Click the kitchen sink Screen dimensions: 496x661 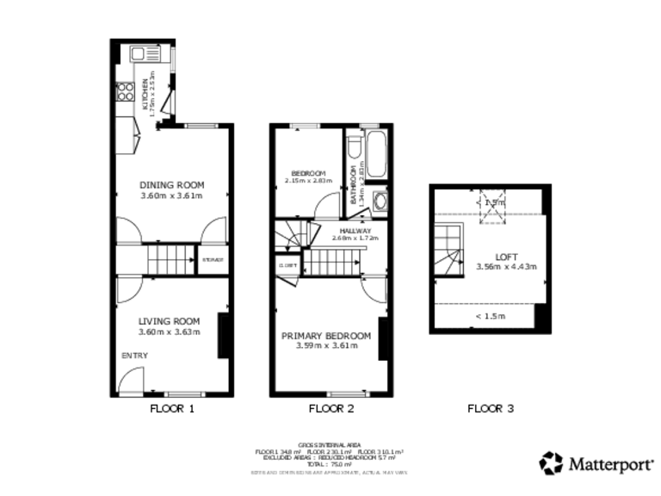tap(139, 54)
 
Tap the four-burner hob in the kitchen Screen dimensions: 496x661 tap(124, 90)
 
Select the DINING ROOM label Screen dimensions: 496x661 tap(171, 184)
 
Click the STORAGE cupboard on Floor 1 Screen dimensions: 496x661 tap(213, 260)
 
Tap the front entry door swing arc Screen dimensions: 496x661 tap(131, 380)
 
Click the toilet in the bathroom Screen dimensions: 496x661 tap(354, 153)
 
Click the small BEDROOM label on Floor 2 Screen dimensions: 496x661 tap(307, 172)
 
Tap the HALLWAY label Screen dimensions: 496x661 tap(355, 231)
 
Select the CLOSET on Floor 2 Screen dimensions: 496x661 tap(287, 265)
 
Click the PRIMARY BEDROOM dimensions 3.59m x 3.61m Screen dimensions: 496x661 tap(326, 346)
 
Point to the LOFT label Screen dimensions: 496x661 tap(506, 256)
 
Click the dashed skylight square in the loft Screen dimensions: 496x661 tap(493, 207)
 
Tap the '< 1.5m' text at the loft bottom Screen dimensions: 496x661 tap(490, 316)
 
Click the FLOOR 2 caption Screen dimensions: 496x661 tap(331, 409)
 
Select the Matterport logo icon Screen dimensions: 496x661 tap(551, 462)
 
